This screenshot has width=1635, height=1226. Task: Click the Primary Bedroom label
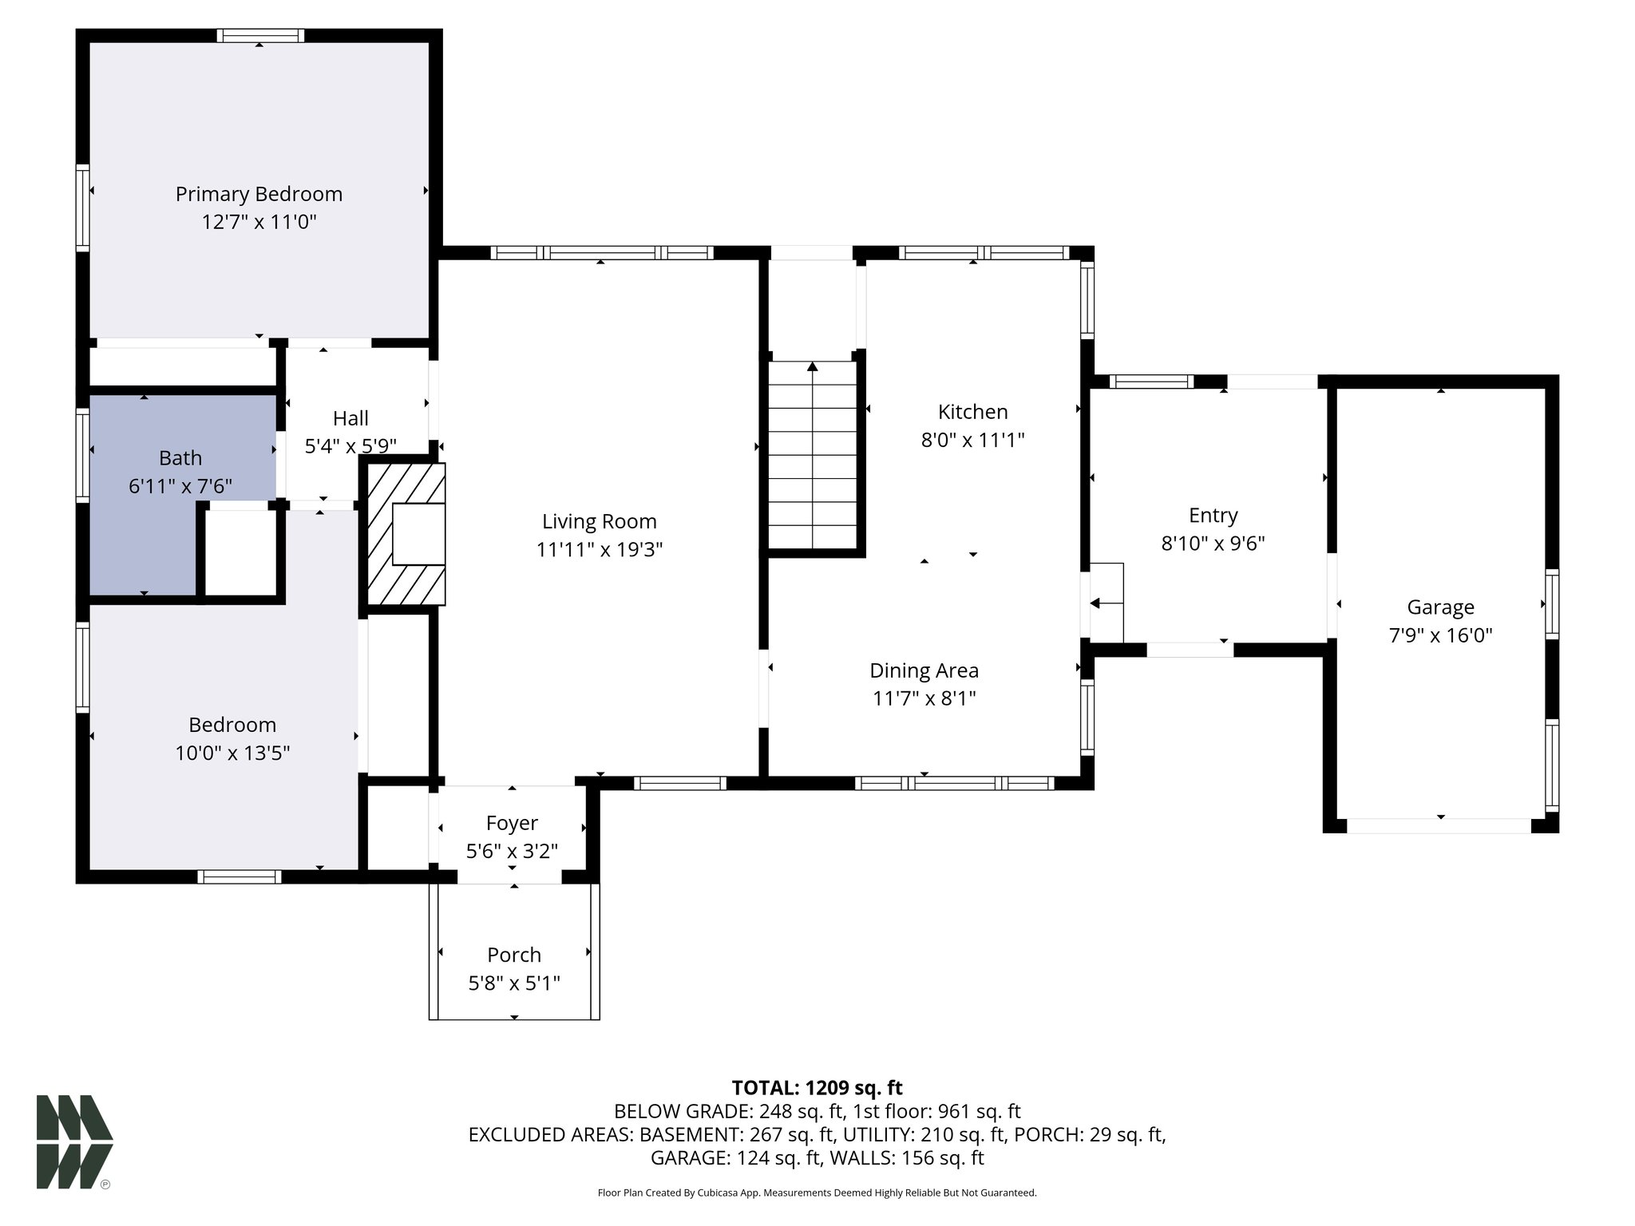tap(259, 194)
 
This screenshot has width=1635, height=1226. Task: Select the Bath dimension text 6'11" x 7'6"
tap(180, 485)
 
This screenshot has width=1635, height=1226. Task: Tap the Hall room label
tap(350, 418)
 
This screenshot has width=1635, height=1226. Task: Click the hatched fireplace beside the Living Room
tap(406, 536)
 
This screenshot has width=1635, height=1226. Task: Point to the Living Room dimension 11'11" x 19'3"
tap(600, 549)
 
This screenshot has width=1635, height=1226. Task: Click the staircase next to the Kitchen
tap(813, 455)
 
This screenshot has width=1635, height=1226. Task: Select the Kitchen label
tap(972, 412)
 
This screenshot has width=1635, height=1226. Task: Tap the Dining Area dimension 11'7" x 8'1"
tap(924, 698)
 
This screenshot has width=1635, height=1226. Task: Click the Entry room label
tap(1213, 516)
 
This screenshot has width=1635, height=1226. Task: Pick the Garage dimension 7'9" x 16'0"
tap(1440, 635)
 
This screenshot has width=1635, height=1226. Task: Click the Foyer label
tap(512, 823)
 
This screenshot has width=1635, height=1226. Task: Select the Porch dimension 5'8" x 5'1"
tap(514, 983)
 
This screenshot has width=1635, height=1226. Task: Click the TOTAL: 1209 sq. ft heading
tap(817, 1087)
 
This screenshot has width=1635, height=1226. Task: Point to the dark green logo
tap(73, 1141)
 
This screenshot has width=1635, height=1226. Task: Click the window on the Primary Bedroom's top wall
tap(259, 35)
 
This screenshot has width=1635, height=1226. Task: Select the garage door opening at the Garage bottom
tap(1439, 826)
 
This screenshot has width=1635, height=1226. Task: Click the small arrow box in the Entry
tap(1106, 603)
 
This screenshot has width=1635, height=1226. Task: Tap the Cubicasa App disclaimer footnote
tap(817, 1193)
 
